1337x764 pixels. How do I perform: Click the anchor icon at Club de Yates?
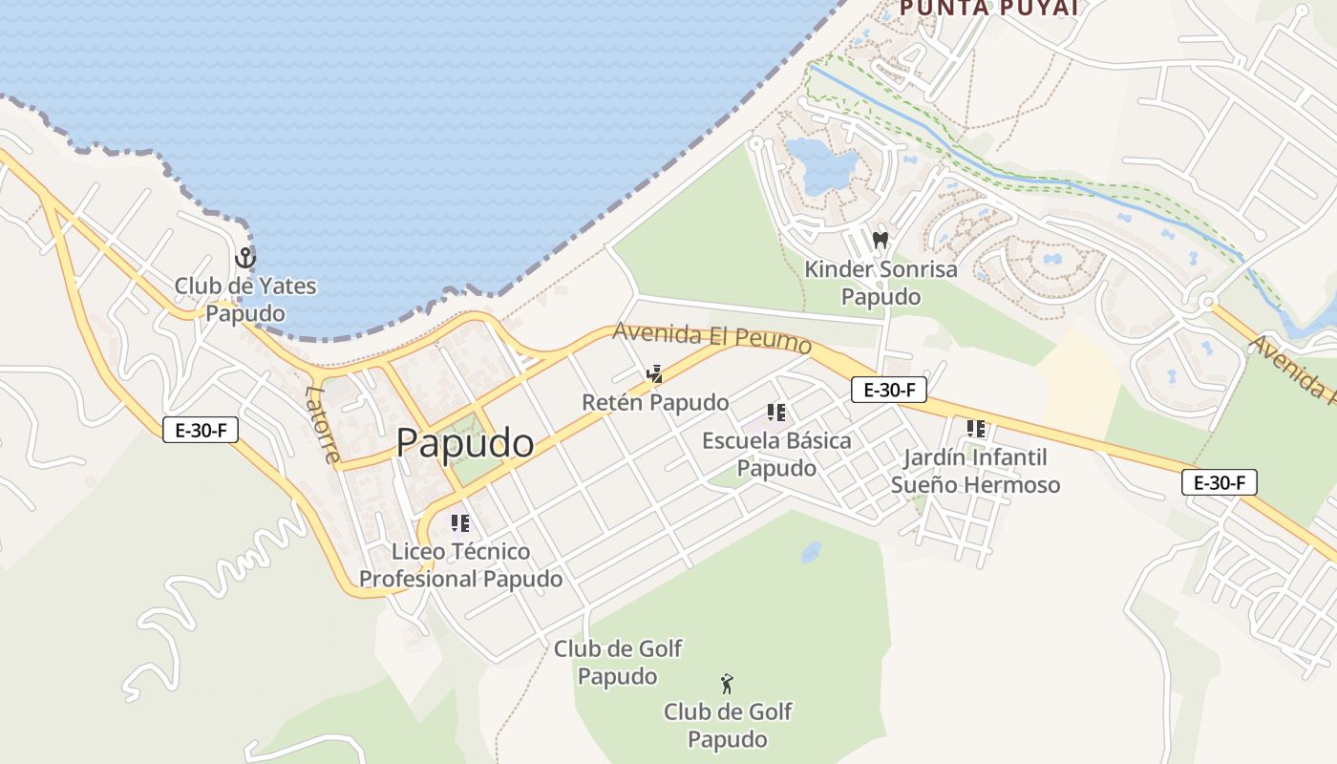point(245,258)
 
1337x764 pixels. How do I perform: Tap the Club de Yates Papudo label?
point(245,299)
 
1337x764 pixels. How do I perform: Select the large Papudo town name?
point(465,443)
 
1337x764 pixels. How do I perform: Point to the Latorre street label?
point(322,423)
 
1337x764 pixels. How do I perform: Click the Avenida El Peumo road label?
point(711,337)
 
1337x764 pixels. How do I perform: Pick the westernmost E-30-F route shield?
point(201,430)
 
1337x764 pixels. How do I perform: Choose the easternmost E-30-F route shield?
point(1220,482)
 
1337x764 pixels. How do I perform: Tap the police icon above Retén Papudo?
point(654,373)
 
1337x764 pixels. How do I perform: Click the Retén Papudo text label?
point(655,403)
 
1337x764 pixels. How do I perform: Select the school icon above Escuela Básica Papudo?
point(776,413)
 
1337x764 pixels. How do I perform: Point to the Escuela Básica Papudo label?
point(776,455)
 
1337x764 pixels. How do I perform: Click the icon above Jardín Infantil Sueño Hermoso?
point(975,429)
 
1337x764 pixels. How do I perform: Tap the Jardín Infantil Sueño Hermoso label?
point(975,471)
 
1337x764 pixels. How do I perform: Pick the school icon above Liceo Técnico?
point(460,523)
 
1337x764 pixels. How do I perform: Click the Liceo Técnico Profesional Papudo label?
point(460,565)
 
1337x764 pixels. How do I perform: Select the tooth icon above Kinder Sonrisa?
point(881,240)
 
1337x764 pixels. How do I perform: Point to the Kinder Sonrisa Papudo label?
point(881,283)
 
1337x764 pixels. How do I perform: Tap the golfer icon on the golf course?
point(728,683)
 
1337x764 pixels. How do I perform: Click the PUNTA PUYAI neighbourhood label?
point(988,9)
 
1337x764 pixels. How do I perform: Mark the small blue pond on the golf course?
point(811,552)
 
